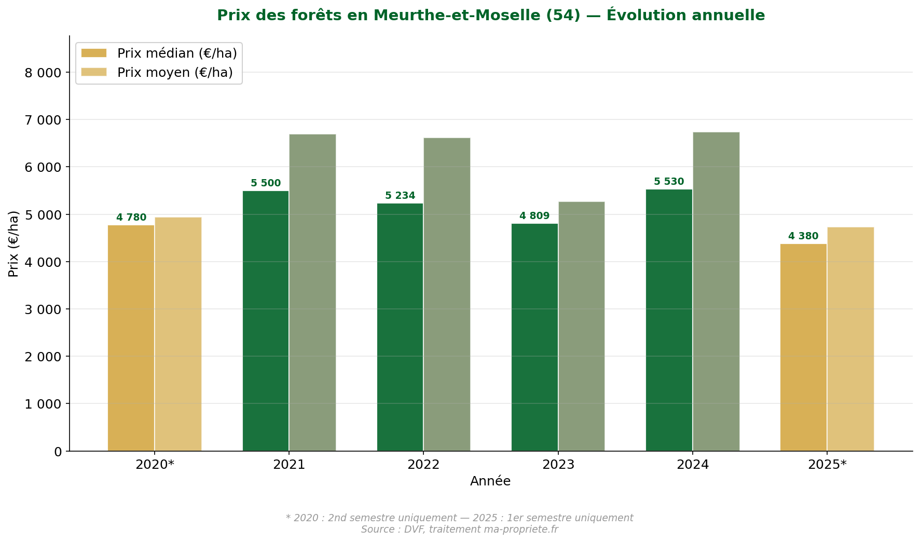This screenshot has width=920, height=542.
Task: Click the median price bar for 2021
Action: point(265,321)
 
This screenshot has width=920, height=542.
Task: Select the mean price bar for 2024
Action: point(716,291)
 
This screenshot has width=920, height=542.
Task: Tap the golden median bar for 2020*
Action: point(131,338)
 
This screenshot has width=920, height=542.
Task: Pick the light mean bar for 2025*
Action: point(850,339)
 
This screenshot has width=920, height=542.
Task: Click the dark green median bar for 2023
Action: point(534,337)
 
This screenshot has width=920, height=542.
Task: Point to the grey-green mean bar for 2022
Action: point(447,294)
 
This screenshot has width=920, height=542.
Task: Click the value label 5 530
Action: point(668,182)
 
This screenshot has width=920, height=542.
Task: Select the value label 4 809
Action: point(534,216)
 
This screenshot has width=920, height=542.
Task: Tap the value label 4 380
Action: point(803,236)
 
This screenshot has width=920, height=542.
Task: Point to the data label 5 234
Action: point(400,196)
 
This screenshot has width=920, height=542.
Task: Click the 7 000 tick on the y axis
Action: point(43,120)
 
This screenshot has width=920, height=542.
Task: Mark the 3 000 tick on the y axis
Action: point(43,309)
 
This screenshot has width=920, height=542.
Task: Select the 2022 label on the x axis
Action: point(423,465)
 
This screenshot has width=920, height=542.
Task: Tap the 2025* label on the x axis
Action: point(827,465)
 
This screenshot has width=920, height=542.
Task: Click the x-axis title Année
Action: point(490,481)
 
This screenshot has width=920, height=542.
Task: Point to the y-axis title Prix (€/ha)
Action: point(13,243)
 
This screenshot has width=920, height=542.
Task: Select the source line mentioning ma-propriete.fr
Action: point(459,530)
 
